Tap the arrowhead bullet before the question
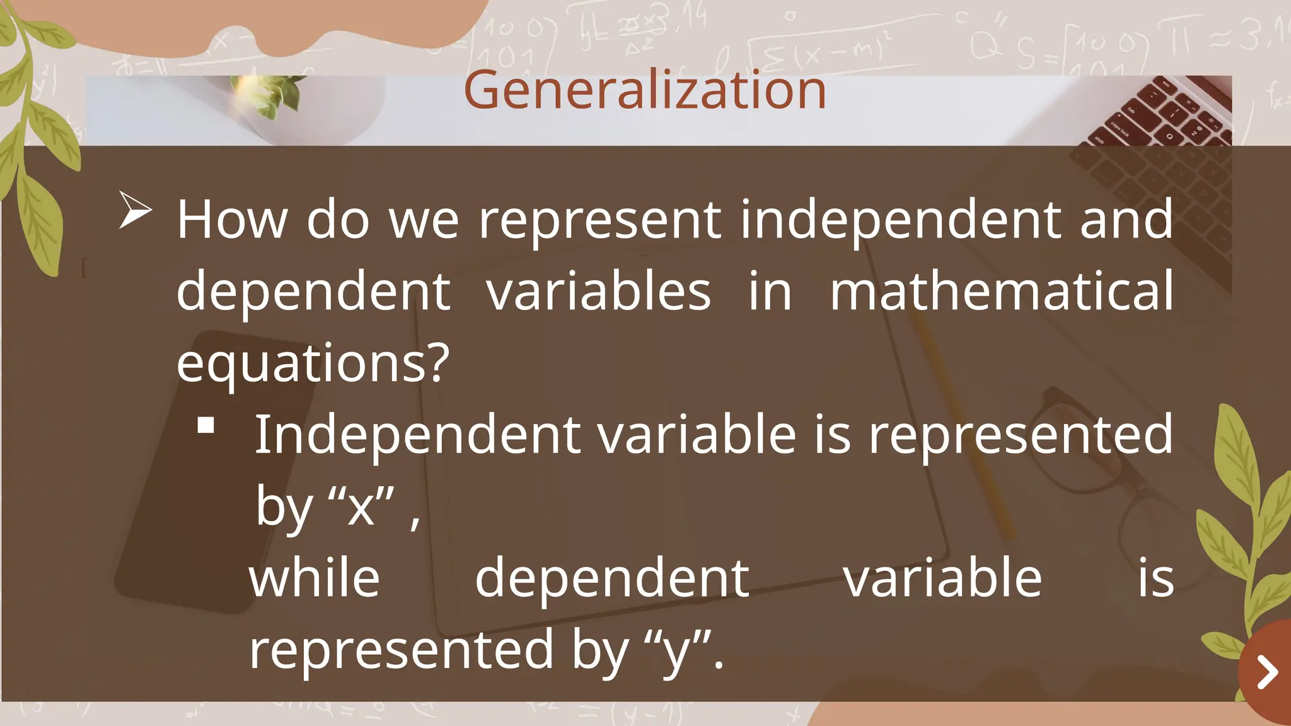[135, 210]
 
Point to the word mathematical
[1002, 291]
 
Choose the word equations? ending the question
[313, 363]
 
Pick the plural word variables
[599, 291]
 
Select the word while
[315, 579]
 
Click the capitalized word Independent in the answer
[417, 434]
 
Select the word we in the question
[424, 221]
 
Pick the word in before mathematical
[770, 291]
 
